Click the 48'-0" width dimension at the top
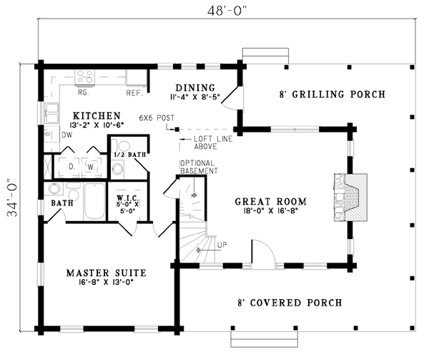[x=227, y=11]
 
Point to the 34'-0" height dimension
[x=12, y=198]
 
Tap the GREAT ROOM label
[x=270, y=202]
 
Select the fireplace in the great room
[x=350, y=197]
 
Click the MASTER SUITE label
[x=106, y=273]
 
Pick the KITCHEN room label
[x=97, y=116]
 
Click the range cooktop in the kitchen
[x=85, y=77]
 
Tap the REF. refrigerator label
[x=135, y=93]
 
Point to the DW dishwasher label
[x=67, y=135]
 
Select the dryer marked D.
[x=71, y=167]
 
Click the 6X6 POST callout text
[x=157, y=118]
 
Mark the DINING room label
[x=195, y=88]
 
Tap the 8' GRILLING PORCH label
[x=332, y=94]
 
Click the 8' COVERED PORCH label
[x=290, y=303]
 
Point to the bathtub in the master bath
[x=94, y=201]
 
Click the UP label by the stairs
[x=222, y=245]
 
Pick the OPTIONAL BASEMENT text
[x=199, y=167]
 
